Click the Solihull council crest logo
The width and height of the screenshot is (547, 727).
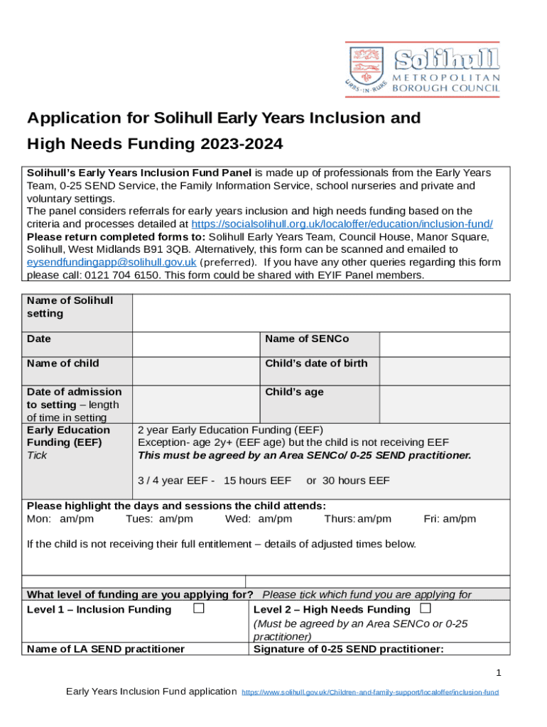pos(365,69)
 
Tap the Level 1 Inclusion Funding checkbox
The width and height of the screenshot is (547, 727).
pos(199,608)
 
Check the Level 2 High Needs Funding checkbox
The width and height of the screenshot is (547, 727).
pos(425,608)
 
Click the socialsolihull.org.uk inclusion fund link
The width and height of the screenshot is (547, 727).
pos(342,224)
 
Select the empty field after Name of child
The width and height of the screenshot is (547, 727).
pos(195,371)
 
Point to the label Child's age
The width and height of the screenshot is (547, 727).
pos(294,392)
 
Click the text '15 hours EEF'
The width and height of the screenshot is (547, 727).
pos(257,481)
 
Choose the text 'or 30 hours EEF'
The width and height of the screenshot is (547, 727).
pos(347,481)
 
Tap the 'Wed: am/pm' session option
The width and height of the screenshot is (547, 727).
pos(258,519)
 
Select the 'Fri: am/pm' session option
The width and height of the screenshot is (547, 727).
pos(450,519)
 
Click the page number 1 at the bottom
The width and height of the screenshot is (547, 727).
pos(499,672)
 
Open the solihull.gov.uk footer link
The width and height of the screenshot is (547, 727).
pos(370,692)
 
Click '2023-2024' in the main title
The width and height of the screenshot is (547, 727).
pos(242,144)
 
